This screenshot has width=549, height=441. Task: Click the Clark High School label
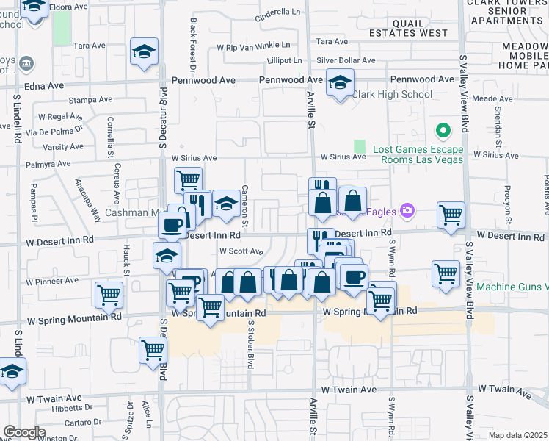point(392,94)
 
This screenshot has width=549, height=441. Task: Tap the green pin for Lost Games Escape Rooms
point(443,132)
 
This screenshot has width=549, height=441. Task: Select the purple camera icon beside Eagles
point(407,212)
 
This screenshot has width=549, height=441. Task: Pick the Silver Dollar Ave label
point(346,60)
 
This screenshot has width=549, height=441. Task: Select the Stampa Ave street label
point(90,99)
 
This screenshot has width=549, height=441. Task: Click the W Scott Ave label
point(241,251)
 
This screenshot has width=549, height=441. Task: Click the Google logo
point(24,432)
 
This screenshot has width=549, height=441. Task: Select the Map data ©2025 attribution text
point(518,435)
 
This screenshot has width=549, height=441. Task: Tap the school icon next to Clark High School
point(340,83)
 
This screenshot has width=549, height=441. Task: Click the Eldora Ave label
point(70,7)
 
